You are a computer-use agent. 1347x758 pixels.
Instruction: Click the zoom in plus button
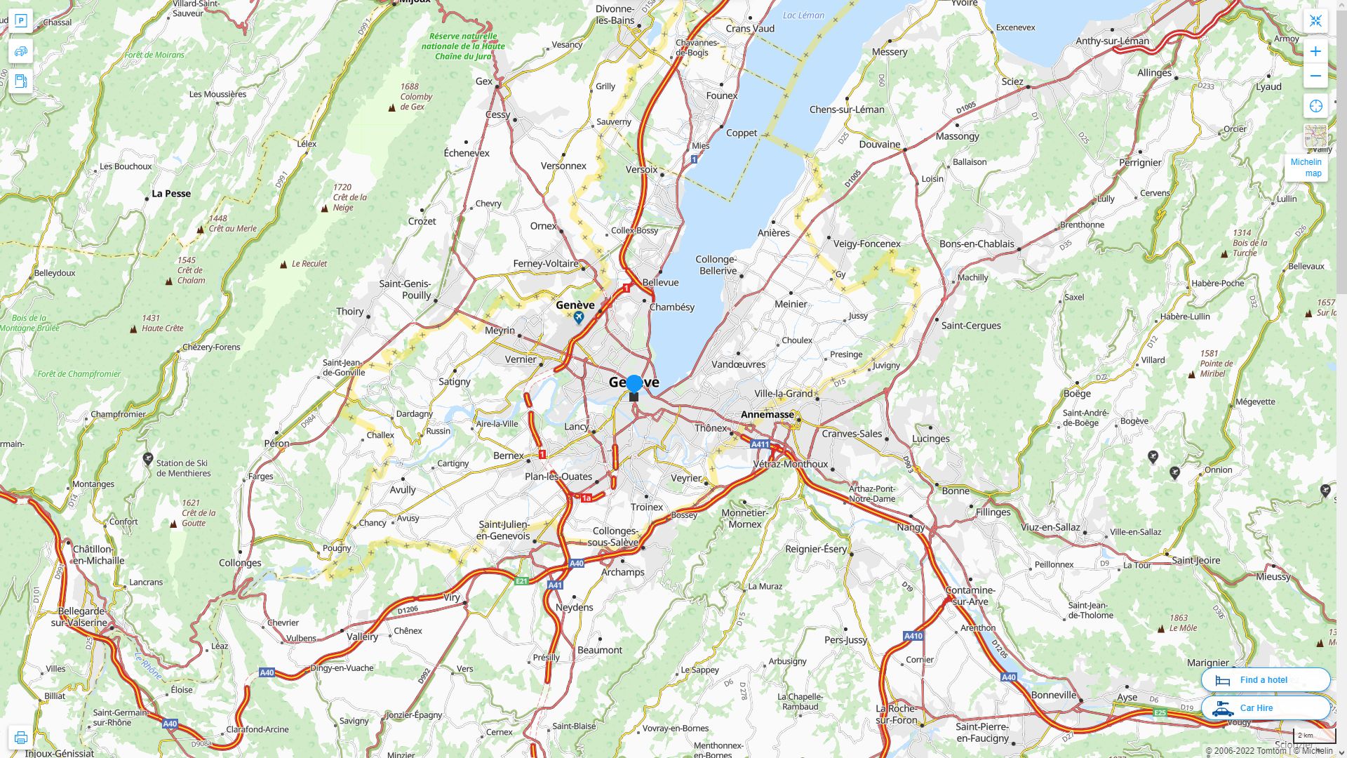[1315, 51]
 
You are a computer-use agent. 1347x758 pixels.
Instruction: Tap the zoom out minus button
[1315, 76]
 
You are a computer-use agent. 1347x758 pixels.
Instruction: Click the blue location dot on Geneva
[634, 383]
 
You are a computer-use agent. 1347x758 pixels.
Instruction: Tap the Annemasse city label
[768, 414]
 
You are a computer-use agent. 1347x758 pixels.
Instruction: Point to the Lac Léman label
[803, 15]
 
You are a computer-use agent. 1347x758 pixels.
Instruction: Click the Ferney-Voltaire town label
[546, 264]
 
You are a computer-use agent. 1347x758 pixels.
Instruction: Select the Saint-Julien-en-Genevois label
[504, 531]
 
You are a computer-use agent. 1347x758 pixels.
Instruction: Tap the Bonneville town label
[1053, 695]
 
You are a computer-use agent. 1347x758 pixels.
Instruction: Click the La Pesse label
[171, 194]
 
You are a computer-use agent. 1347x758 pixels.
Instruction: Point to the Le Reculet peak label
[309, 264]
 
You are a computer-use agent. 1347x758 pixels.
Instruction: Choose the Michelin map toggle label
[1306, 168]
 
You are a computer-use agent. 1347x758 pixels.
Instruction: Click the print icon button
[20, 738]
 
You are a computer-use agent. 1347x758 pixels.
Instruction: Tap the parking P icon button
[20, 21]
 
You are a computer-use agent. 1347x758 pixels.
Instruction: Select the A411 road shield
[760, 444]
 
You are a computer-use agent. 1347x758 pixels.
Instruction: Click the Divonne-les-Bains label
[615, 15]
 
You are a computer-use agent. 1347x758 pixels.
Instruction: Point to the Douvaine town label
[879, 145]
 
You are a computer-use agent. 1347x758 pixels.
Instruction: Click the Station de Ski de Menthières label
[183, 468]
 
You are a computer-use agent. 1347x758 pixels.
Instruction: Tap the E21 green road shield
[521, 581]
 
